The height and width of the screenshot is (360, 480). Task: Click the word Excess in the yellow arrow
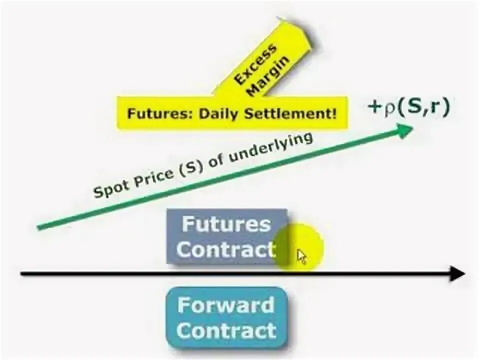255,64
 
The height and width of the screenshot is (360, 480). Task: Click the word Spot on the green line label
107,188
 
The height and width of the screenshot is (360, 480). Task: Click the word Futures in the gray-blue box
226,224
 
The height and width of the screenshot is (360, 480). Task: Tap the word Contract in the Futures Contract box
226,249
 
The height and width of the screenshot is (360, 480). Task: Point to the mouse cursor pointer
301,256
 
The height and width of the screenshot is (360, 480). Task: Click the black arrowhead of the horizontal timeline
457,273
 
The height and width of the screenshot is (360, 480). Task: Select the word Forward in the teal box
226,305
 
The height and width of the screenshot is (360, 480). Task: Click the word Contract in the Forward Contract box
226,330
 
